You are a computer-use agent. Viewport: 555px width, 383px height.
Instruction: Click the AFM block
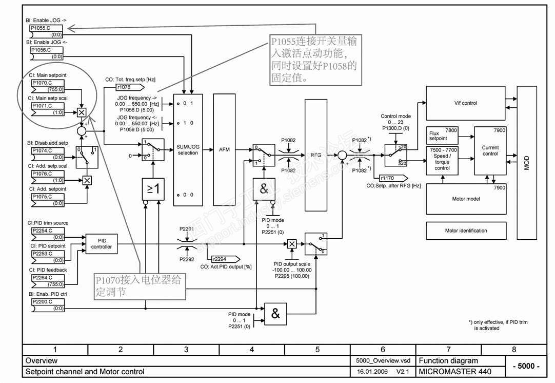pos(224,149)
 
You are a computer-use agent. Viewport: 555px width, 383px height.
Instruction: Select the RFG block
pos(315,155)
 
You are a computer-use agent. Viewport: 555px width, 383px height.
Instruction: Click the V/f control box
pos(465,103)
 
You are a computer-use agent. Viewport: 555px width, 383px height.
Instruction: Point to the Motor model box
pos(466,199)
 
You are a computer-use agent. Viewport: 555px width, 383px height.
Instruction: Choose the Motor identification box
pos(466,231)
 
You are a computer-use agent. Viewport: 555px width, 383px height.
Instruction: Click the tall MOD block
pos(527,163)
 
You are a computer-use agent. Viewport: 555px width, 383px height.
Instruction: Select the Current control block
pos(490,150)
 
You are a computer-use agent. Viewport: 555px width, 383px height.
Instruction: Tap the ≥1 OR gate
pos(154,189)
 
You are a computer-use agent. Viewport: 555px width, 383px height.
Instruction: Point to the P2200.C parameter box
pos(46,305)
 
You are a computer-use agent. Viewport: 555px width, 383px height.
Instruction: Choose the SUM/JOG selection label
pos(188,150)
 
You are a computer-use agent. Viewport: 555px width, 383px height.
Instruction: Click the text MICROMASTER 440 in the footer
pos(455,371)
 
